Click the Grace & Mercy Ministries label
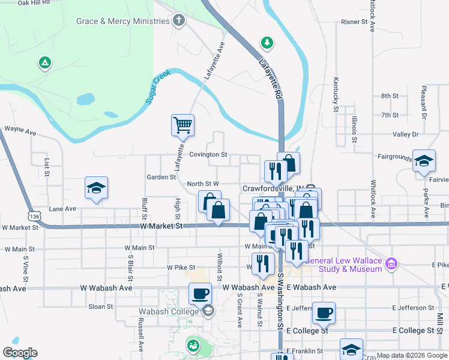point(122,22)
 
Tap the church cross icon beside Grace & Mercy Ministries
point(178,22)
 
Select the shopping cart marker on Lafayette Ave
point(182,125)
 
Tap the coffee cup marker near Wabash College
point(200,294)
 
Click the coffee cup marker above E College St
point(324,313)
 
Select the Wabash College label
point(168,311)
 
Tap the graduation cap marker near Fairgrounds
point(424,161)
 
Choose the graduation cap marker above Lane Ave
point(96,188)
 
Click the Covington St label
point(208,155)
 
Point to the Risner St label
point(354,22)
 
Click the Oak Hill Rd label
point(34,3)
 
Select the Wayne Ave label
point(20,128)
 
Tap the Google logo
point(20,353)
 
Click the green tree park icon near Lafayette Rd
point(267,43)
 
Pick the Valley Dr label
point(405,135)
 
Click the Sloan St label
point(100,307)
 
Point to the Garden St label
point(161,177)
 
